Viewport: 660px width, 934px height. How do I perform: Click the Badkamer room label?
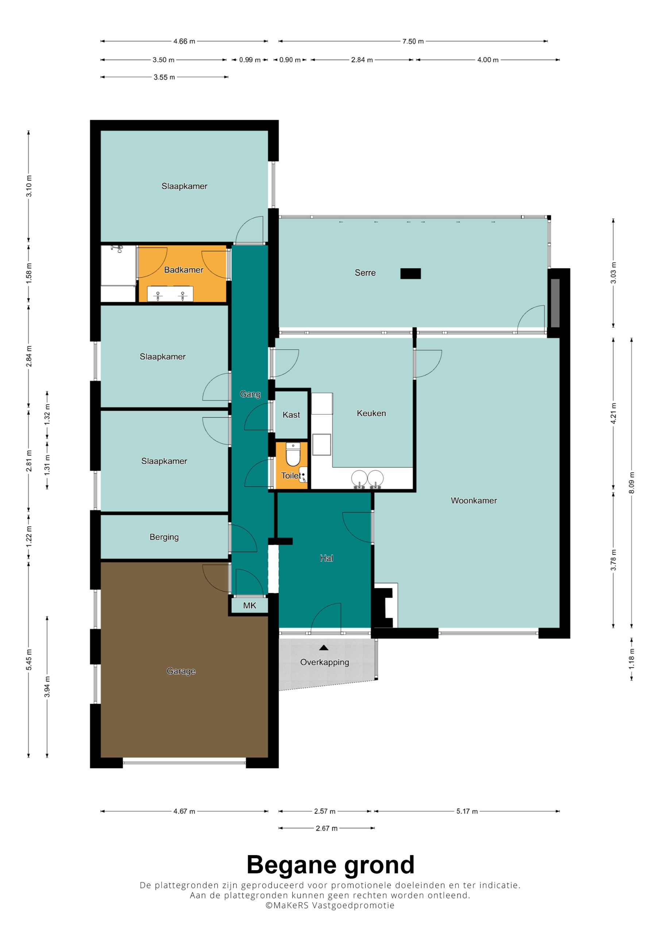(184, 270)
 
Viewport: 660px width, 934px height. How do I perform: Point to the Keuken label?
(371, 413)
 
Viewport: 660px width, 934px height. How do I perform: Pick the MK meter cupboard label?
(250, 605)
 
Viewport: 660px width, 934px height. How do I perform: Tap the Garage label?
(181, 671)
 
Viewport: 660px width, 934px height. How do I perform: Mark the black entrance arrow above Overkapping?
(324, 648)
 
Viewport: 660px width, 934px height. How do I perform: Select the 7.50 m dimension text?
(413, 41)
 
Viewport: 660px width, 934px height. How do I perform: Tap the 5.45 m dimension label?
(28, 660)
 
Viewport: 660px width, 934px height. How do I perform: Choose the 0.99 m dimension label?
(250, 60)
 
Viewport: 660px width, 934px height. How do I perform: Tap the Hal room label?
(326, 558)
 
